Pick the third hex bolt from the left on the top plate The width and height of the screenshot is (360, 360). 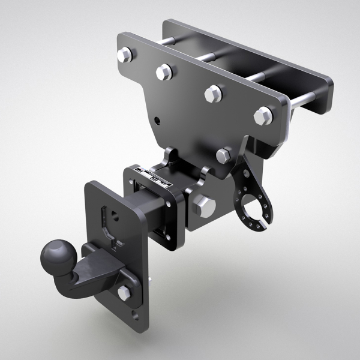click(212, 93)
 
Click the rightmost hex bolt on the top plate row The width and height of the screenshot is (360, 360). click(265, 115)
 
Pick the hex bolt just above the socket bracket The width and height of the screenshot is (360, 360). click(223, 156)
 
